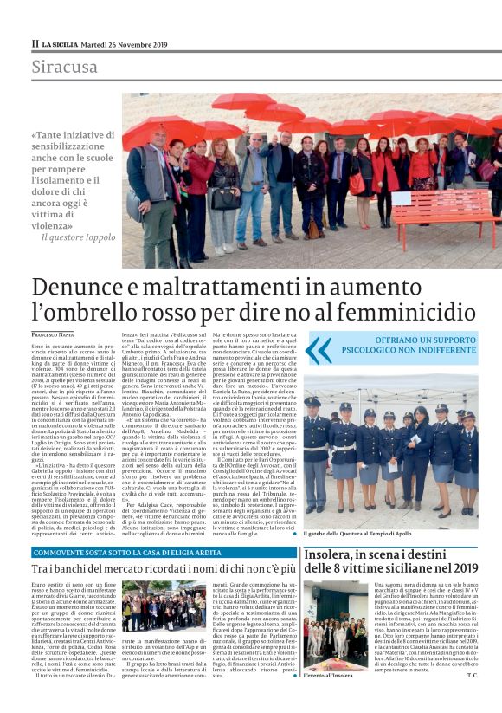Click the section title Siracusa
coord(65,67)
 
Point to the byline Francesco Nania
coord(54,334)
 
